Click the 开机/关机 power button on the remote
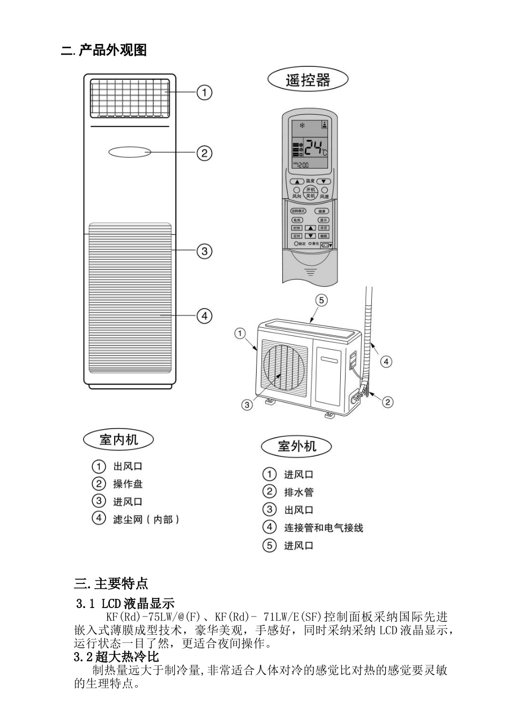pos(310,193)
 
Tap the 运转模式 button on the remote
pos(298,212)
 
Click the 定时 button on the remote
pos(297,236)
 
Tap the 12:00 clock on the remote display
pos(302,165)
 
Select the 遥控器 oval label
pos(308,80)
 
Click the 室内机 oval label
pos(118,440)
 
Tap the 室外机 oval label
pos(296,446)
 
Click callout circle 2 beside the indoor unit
pos(204,153)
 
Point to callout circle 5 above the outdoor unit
pos(321,300)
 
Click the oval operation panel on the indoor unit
pos(130,152)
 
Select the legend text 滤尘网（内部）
pos(146,519)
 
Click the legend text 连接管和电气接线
pos(323,528)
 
